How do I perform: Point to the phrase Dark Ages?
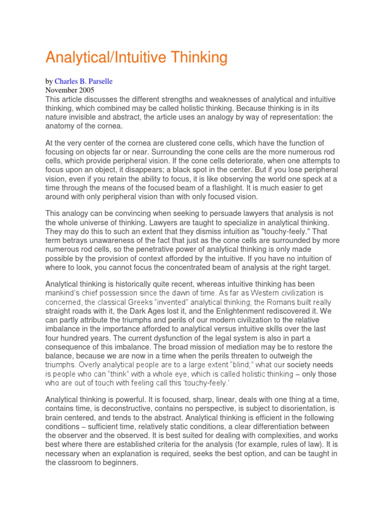tap(157, 311)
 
